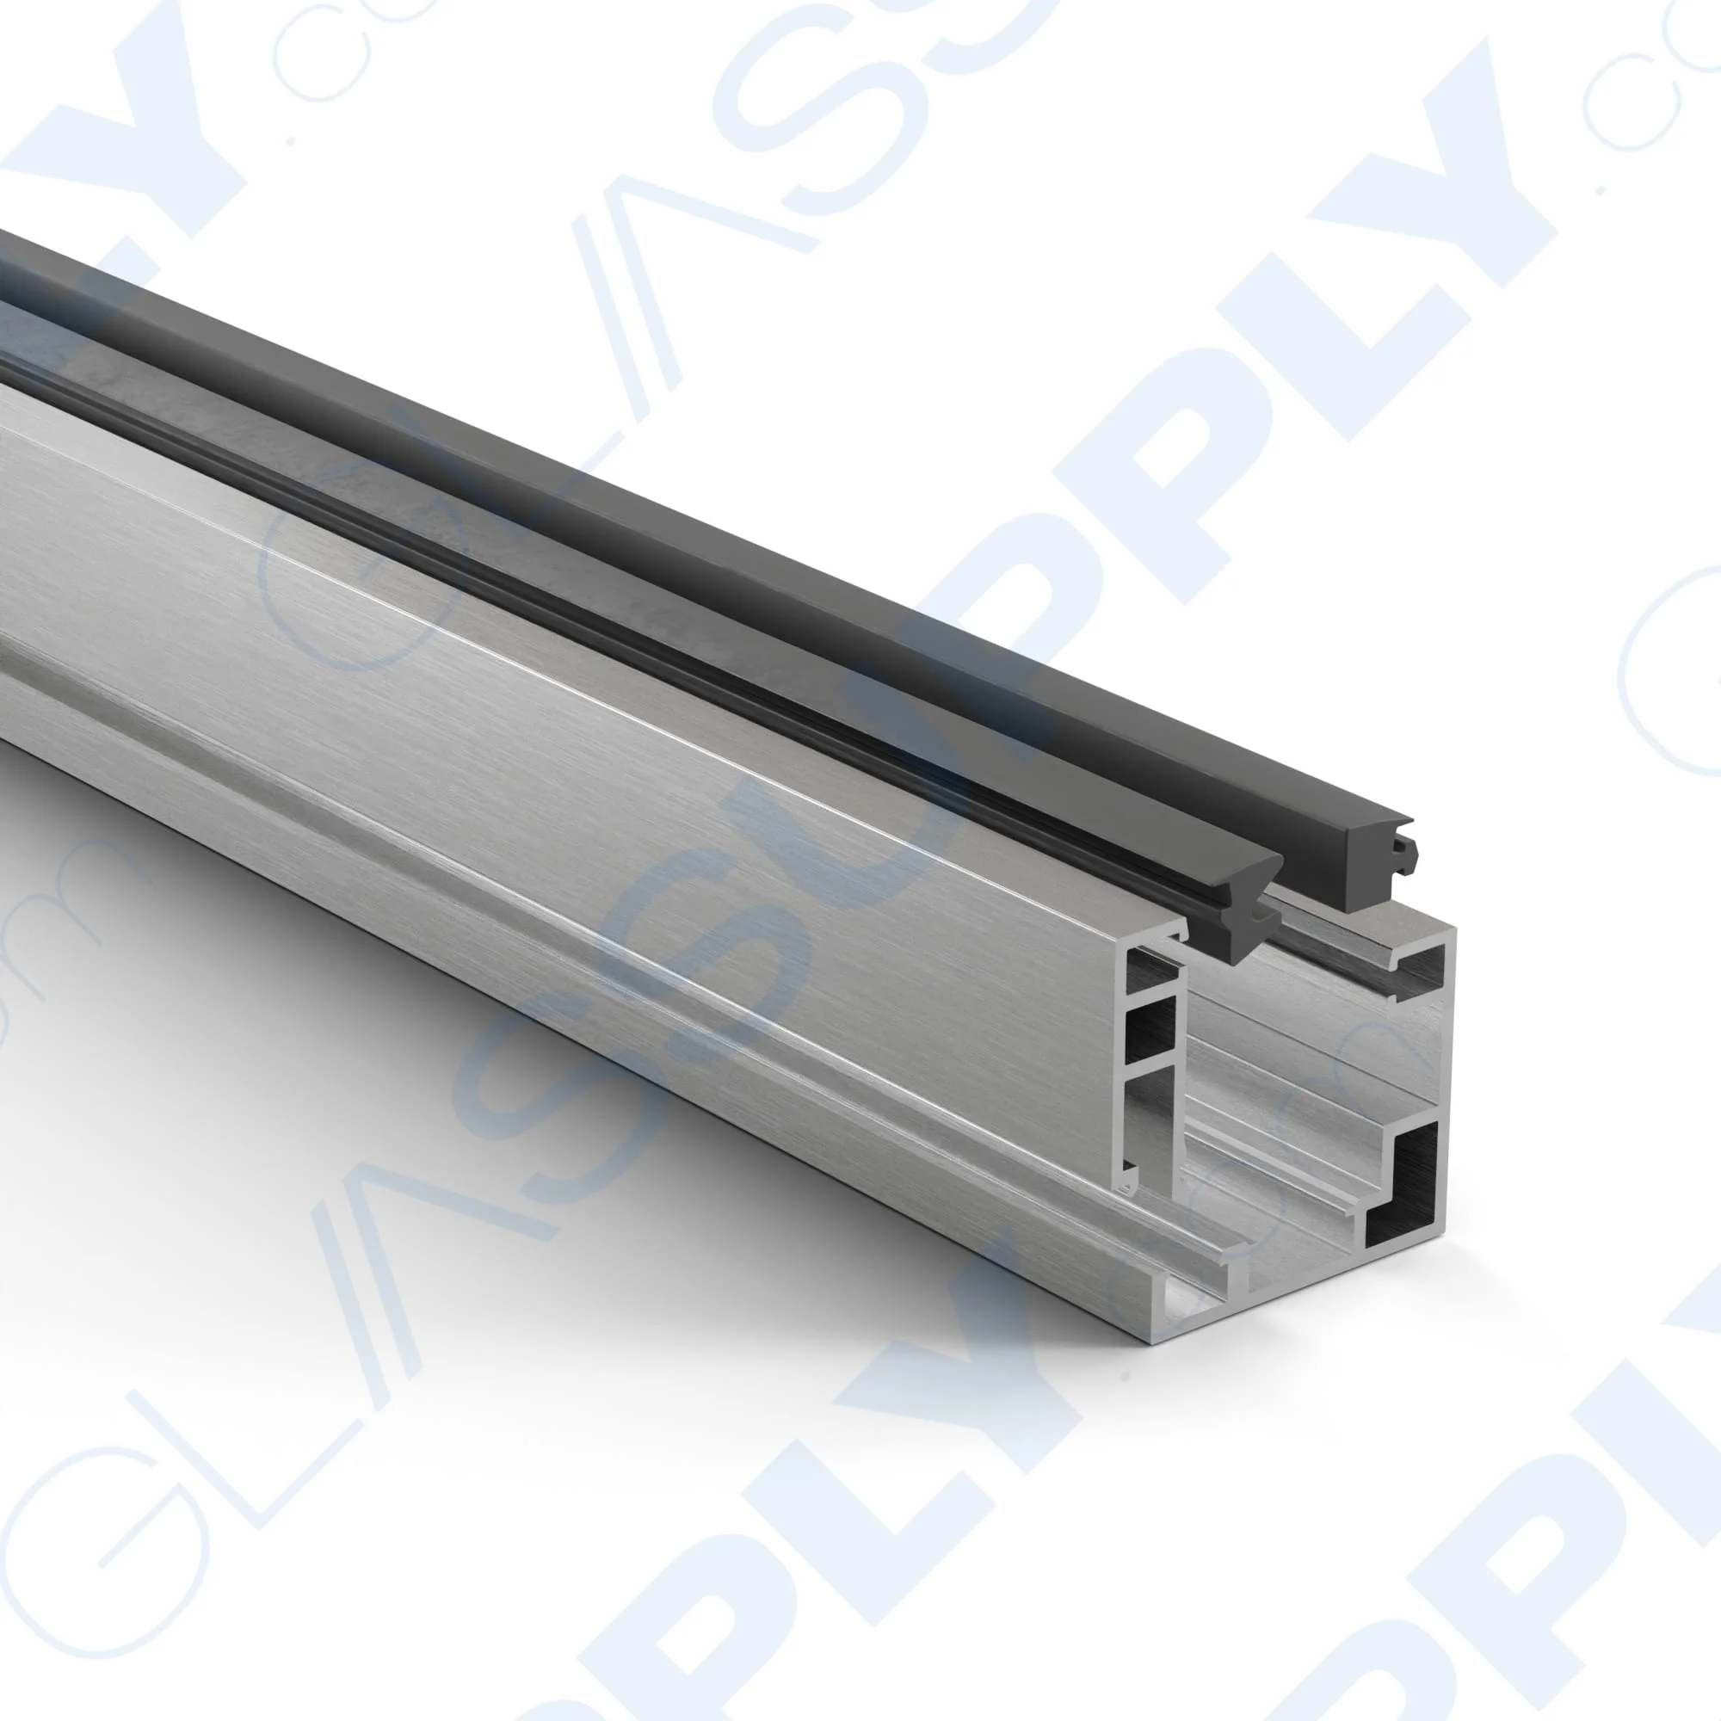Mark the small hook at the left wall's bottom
[x=1130, y=1185]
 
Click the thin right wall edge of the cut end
[x=1447, y=1069]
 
